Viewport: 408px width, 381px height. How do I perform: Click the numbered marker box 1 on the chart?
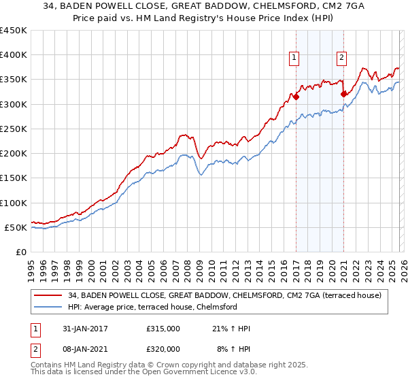pos(294,58)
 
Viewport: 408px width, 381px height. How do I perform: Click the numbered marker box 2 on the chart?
pos(341,58)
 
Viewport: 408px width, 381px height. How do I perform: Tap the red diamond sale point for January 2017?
pos(296,97)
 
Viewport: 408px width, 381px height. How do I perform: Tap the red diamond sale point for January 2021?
pos(343,94)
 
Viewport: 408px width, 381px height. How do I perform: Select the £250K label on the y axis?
pos(14,129)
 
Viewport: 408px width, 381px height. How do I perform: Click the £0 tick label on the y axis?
pos(22,252)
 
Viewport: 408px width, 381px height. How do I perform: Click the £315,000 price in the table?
pos(163,329)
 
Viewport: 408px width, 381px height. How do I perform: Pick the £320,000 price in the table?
pos(163,348)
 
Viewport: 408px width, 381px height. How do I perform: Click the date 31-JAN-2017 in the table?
pos(80,329)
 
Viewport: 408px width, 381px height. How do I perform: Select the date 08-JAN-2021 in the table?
pos(80,348)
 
